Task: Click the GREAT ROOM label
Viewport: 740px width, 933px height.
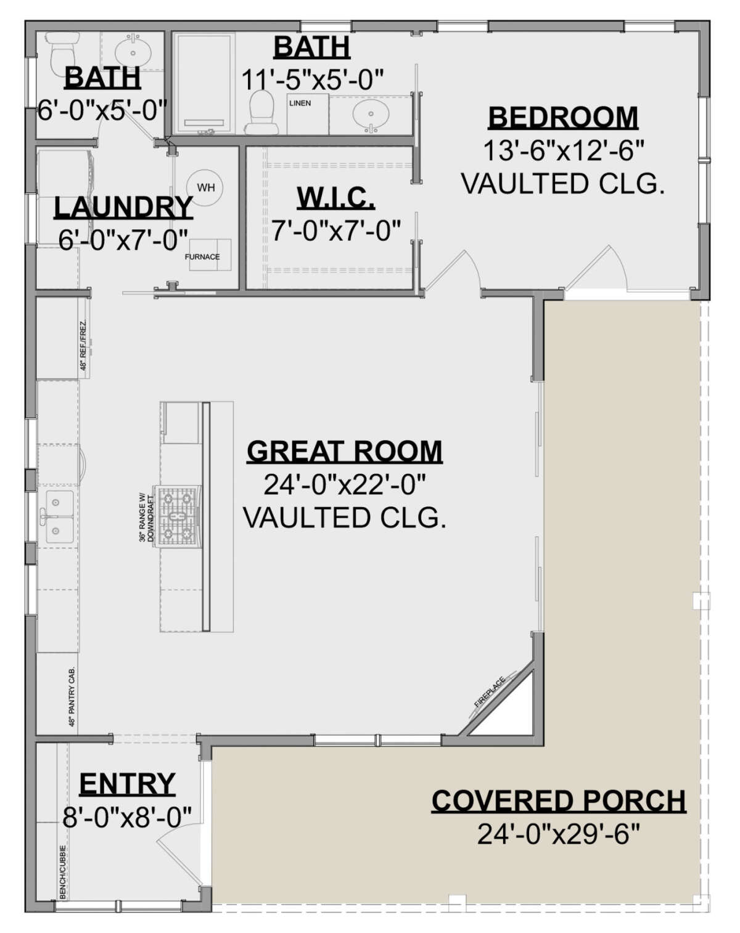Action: pyautogui.click(x=344, y=452)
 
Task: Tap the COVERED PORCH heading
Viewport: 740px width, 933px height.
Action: pyautogui.click(x=558, y=801)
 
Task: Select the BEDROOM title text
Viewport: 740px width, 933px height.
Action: pyautogui.click(x=562, y=117)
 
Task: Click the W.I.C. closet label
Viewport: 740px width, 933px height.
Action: pyautogui.click(x=335, y=198)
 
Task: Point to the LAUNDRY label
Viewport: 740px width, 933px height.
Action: pyautogui.click(x=123, y=208)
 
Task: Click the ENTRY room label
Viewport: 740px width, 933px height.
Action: pyautogui.click(x=127, y=784)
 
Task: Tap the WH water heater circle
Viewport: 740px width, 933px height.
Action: pyautogui.click(x=205, y=187)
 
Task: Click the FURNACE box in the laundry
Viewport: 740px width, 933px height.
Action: pyautogui.click(x=202, y=256)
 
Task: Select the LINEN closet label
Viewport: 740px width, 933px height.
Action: pyautogui.click(x=300, y=103)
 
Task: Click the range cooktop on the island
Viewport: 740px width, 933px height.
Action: pyautogui.click(x=179, y=516)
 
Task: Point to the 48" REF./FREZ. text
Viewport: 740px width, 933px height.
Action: pyautogui.click(x=84, y=346)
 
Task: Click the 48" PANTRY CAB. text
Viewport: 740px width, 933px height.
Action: pyautogui.click(x=72, y=697)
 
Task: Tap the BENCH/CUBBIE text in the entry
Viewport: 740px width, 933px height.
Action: pyautogui.click(x=63, y=871)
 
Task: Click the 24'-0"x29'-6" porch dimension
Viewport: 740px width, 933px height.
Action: pyautogui.click(x=558, y=835)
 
